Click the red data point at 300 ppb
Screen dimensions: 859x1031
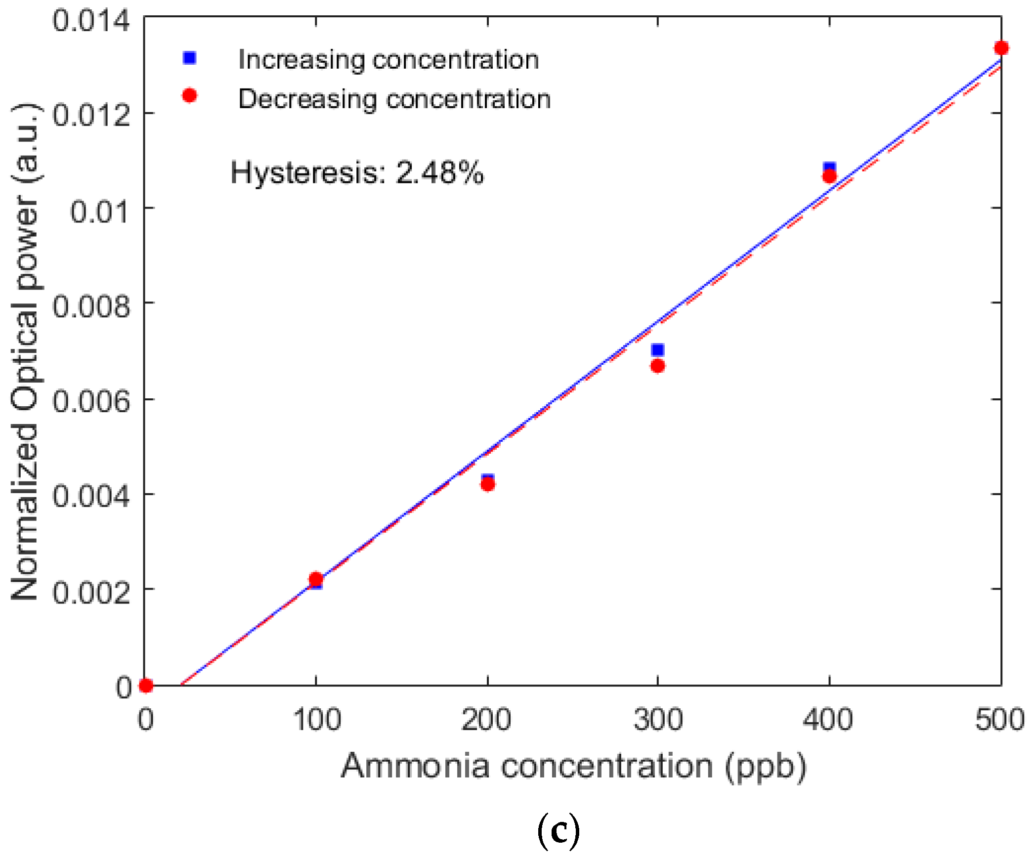[x=657, y=366]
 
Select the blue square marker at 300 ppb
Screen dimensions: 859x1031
[x=657, y=350]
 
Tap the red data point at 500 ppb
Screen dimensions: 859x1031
[x=1001, y=48]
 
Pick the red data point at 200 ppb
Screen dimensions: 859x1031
[x=488, y=484]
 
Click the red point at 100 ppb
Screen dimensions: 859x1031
[x=316, y=579]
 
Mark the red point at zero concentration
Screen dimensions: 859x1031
[x=146, y=686]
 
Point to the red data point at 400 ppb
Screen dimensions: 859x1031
[x=829, y=176]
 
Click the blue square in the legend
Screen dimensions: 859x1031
[x=189, y=58]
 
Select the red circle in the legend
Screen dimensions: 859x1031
[x=189, y=95]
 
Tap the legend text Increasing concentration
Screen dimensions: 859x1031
[x=388, y=60]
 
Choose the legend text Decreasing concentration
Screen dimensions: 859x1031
[x=394, y=99]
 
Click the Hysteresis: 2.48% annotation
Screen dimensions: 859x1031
[x=357, y=173]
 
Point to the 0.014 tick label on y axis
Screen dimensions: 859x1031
[x=91, y=21]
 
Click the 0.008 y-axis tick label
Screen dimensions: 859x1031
[x=91, y=306]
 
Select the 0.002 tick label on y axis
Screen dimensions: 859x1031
[x=91, y=592]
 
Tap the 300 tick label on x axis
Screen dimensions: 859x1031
[x=658, y=720]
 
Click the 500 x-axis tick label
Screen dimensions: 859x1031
[x=999, y=720]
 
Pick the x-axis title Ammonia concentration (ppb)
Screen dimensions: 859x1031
[x=573, y=766]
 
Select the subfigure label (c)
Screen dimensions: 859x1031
[x=558, y=831]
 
